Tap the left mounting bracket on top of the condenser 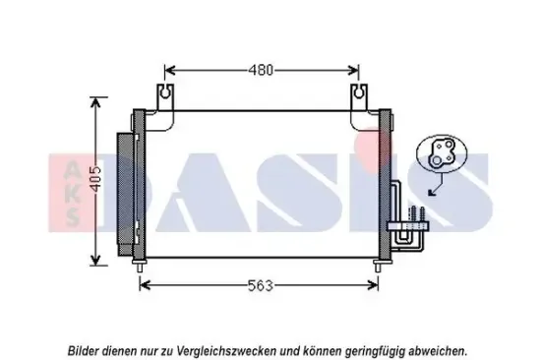click(165, 98)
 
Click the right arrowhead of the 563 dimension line click(375, 285)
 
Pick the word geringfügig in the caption click(374, 349)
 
